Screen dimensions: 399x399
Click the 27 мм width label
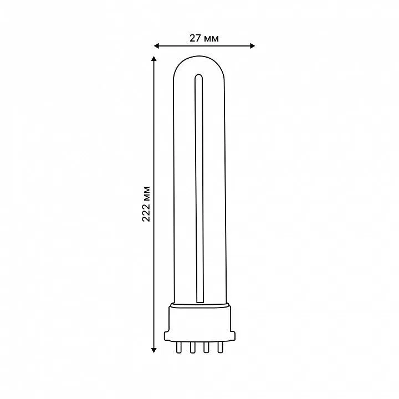pos(204,38)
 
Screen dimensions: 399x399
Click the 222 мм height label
pos(146,204)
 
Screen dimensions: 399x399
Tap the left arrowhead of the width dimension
pos(157,46)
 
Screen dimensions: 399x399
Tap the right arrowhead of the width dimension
pos(252,46)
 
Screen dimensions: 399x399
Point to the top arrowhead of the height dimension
pos(154,59)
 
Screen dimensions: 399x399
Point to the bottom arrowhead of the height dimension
pos(154,350)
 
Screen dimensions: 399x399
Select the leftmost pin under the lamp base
pos(178,347)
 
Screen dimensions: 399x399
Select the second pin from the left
pos(192,347)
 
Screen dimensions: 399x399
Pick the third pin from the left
pos(206,347)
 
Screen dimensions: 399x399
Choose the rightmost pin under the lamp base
pos(220,347)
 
